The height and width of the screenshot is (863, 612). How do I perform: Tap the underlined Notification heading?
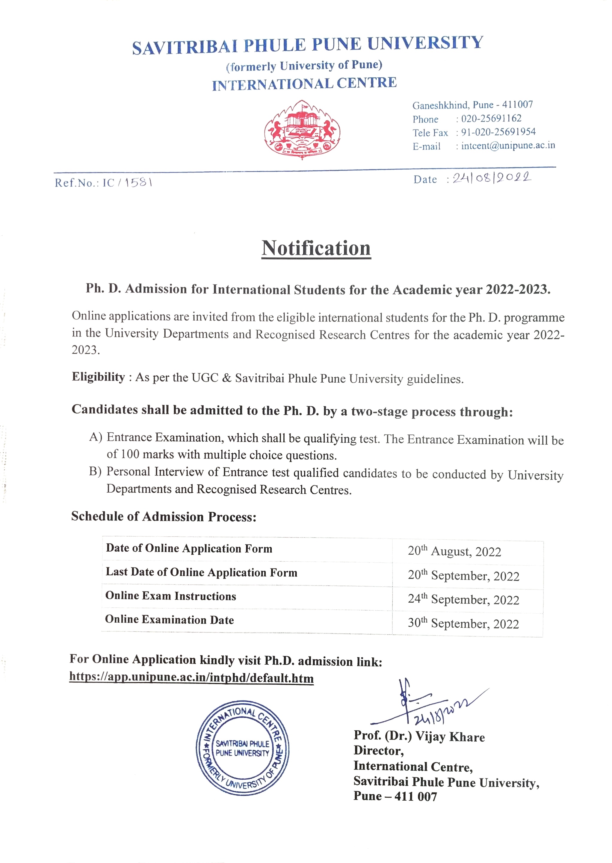coord(316,248)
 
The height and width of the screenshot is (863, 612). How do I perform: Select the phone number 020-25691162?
coord(491,118)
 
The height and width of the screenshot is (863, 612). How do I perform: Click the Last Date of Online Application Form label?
coord(202,572)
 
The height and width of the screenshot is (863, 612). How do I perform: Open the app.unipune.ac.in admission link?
coord(191,678)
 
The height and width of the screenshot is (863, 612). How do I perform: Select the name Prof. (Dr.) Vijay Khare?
coord(419,736)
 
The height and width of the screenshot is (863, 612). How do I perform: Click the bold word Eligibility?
coord(98,377)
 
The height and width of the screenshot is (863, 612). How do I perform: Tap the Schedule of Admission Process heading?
coord(164,516)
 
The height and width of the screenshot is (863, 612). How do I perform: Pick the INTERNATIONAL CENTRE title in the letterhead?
coord(304,84)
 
